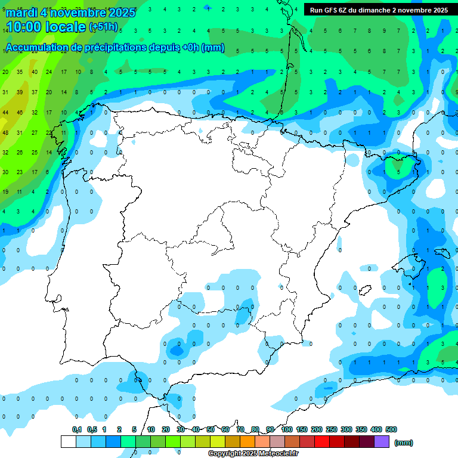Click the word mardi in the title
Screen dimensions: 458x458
(21, 13)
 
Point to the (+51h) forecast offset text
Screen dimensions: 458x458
(103, 27)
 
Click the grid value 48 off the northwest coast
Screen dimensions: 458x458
(5, 132)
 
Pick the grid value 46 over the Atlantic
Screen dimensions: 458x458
(20, 112)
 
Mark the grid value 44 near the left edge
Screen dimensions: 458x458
(5, 112)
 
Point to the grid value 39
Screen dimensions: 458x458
(20, 92)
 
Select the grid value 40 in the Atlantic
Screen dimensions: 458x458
(34, 72)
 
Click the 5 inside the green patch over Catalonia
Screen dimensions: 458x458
(398, 172)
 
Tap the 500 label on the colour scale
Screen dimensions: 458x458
(391, 429)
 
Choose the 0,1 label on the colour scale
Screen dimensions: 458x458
(77, 429)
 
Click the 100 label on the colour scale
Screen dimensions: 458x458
(287, 429)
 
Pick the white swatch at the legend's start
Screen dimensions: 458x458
(69, 441)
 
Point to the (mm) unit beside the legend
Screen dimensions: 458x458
(404, 442)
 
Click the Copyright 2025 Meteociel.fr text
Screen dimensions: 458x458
(253, 453)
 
